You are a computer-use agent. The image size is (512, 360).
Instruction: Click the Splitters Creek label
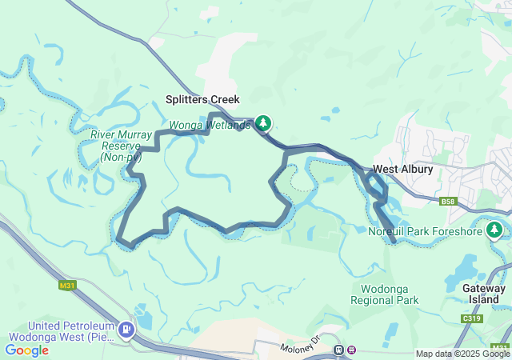pos(202,100)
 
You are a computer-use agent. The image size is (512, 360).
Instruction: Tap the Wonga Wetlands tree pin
pos(263,123)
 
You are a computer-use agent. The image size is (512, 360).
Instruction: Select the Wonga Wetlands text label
pos(209,125)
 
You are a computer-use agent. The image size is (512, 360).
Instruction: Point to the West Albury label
pos(402,170)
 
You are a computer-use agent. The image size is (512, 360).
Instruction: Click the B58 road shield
pos(448,202)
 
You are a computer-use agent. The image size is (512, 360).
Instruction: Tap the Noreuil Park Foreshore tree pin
pos(494,231)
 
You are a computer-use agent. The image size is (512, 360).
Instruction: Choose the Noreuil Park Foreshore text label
pos(425,232)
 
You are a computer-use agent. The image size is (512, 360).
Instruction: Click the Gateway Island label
pos(484,294)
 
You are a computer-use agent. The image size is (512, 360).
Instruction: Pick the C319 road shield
pos(473,318)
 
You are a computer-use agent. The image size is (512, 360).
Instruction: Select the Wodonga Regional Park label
pos(384,294)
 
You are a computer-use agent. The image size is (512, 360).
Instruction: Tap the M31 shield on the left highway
pos(67,285)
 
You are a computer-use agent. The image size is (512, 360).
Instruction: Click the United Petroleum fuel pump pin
pos(126,330)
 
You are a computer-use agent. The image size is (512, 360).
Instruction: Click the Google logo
pos(26,350)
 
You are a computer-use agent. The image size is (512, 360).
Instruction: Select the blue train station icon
pos(339,350)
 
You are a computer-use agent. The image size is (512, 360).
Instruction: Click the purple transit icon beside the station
pos(353,350)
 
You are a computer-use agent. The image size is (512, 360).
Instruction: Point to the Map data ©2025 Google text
pos(462,354)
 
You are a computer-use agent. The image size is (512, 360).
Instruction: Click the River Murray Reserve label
pos(120,146)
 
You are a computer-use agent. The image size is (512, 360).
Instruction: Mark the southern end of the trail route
pos(394,240)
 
